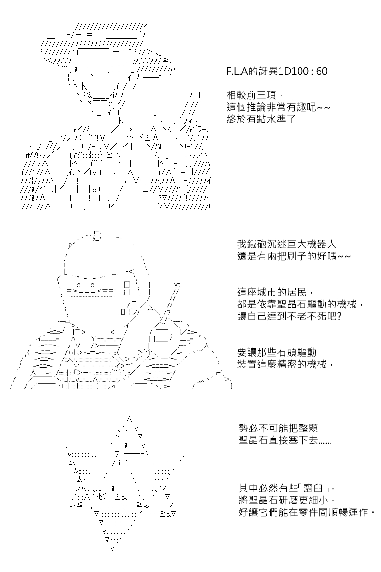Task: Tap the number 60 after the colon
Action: tap(321, 71)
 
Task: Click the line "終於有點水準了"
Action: tap(261, 119)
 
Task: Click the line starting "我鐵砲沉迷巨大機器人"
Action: tap(287, 244)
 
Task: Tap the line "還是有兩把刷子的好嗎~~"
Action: tap(294, 256)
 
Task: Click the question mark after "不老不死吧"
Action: tap(339, 316)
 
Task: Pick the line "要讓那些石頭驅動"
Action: tap(277, 352)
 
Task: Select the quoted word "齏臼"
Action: tap(313, 489)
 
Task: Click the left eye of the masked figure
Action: tap(79, 285)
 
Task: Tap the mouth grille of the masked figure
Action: tap(91, 293)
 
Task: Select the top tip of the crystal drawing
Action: tap(129, 419)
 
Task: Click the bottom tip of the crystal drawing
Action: tap(112, 548)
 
